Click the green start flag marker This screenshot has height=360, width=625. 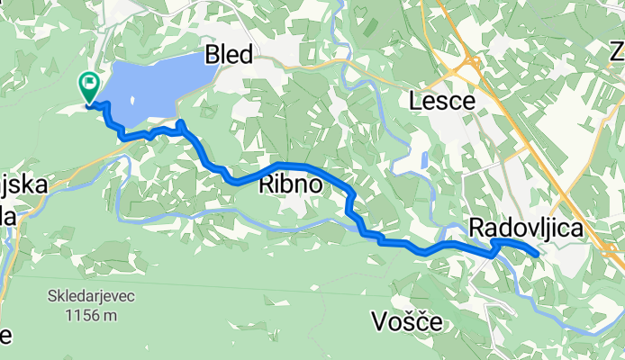pyautogui.click(x=90, y=86)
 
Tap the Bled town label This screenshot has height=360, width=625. pyautogui.click(x=230, y=55)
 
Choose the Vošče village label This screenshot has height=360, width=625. pyautogui.click(x=405, y=320)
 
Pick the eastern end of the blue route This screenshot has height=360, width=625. pyautogui.click(x=538, y=255)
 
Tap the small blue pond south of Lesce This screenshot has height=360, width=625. pyautogui.click(x=423, y=161)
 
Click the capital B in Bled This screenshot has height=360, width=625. pyautogui.click(x=213, y=55)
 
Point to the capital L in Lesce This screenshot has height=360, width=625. pyautogui.click(x=417, y=101)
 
